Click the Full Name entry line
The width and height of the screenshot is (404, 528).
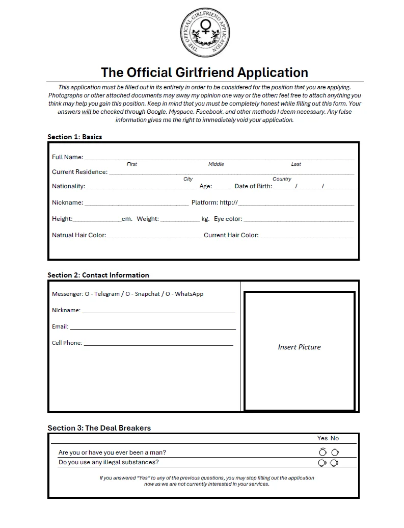(x=219, y=158)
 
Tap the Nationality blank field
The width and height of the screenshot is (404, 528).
(x=141, y=187)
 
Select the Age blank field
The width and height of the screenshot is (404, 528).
(x=223, y=187)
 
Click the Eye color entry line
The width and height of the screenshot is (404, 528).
(x=299, y=219)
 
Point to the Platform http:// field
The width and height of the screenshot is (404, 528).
(x=296, y=203)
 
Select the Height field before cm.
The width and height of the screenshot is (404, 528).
(x=97, y=219)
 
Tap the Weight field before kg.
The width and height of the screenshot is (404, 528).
(x=180, y=219)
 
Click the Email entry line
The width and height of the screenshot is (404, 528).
(x=152, y=327)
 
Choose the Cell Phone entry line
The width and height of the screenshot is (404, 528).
(x=158, y=343)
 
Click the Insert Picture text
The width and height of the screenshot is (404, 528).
(x=299, y=347)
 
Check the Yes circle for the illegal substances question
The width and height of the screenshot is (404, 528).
(x=322, y=463)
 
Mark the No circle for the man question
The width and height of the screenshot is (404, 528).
(x=335, y=452)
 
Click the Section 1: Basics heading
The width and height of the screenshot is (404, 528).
(x=75, y=137)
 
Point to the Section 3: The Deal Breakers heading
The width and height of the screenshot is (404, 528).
(x=99, y=428)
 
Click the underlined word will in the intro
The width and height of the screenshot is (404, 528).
(x=87, y=111)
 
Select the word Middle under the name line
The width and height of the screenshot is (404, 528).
(x=216, y=164)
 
